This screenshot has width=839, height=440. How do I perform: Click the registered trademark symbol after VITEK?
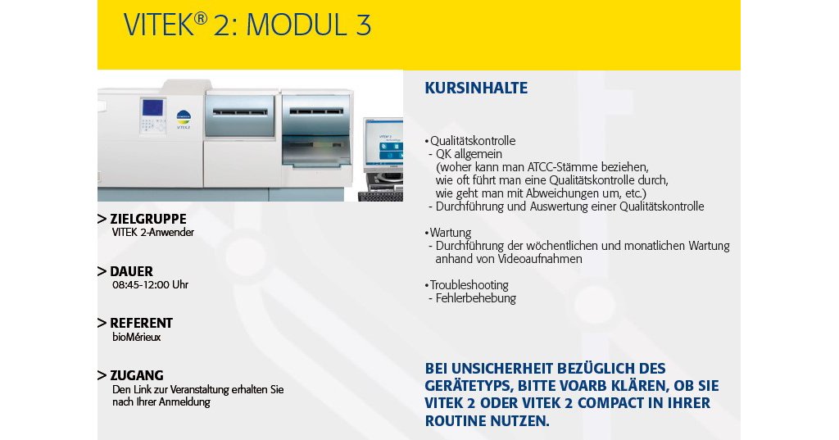201,18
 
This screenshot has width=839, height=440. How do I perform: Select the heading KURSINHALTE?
476,88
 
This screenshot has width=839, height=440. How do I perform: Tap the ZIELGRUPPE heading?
148,219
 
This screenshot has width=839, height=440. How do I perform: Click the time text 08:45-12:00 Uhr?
151,285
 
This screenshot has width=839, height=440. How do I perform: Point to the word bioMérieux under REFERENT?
137,338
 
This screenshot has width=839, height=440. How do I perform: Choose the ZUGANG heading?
137,375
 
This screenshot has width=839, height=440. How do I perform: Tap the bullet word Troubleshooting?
469,285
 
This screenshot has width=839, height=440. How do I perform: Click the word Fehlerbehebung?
476,298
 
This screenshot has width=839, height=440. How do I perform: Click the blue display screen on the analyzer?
152,108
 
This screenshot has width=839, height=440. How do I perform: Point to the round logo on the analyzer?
184,117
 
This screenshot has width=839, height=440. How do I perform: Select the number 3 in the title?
363,25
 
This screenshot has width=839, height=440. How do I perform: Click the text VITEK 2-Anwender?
153,233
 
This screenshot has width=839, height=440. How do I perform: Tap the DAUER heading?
132,271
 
